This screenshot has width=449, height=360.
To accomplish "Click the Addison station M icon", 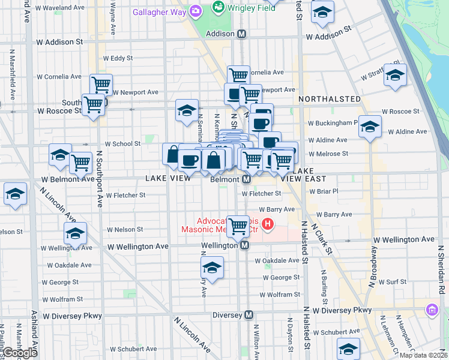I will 241,34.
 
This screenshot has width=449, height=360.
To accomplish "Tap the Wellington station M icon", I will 244,245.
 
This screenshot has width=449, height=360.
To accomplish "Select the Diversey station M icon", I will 249,315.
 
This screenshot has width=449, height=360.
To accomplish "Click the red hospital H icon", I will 268,226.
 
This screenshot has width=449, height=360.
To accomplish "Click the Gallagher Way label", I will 159,11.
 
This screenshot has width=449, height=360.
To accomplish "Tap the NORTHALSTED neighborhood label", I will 329,99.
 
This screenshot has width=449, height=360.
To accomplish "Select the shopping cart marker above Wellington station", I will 238,226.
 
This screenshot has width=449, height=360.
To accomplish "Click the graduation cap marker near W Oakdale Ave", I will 212,267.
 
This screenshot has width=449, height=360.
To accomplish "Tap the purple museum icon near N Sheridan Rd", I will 432,310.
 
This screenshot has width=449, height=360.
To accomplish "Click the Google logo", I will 20,353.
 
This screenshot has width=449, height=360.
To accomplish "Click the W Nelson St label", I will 125,229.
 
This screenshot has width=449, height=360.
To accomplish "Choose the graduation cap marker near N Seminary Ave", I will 187,110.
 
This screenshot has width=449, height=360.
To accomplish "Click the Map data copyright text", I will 423,355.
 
